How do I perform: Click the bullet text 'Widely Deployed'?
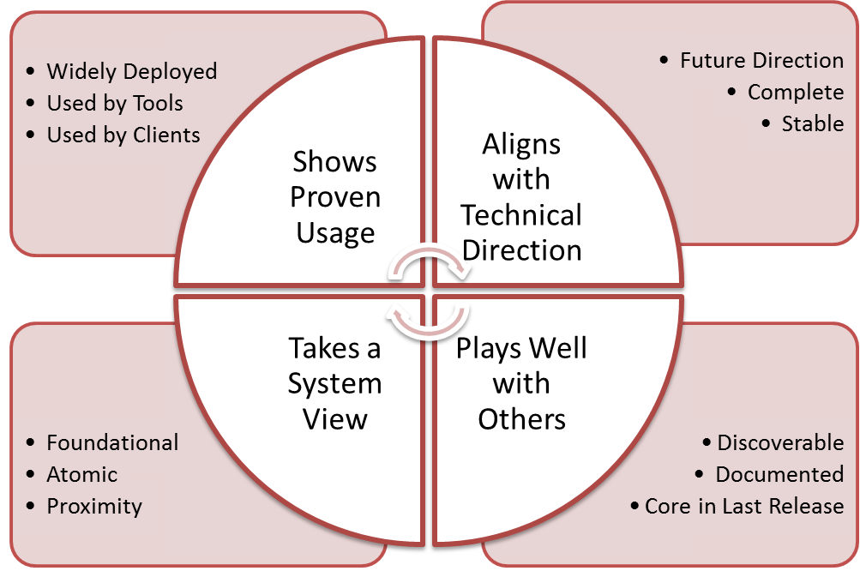pos(131,71)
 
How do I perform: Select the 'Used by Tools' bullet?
pos(115,104)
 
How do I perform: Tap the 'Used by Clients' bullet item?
pos(123,135)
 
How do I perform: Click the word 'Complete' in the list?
pos(795,93)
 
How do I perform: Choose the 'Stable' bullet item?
pos(812,124)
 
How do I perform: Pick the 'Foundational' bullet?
pos(112,443)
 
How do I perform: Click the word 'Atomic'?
pos(81,475)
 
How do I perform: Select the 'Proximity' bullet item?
pos(94,507)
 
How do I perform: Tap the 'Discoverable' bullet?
pos(780,443)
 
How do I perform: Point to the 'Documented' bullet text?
pos(779,475)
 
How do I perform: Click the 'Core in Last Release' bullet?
pos(744,507)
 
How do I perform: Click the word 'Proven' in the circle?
pos(335,198)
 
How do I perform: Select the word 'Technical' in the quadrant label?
pos(521,215)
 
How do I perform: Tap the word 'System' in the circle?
pos(334,385)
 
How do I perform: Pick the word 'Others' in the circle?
pos(521,419)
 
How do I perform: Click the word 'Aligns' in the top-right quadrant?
pos(521,144)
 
